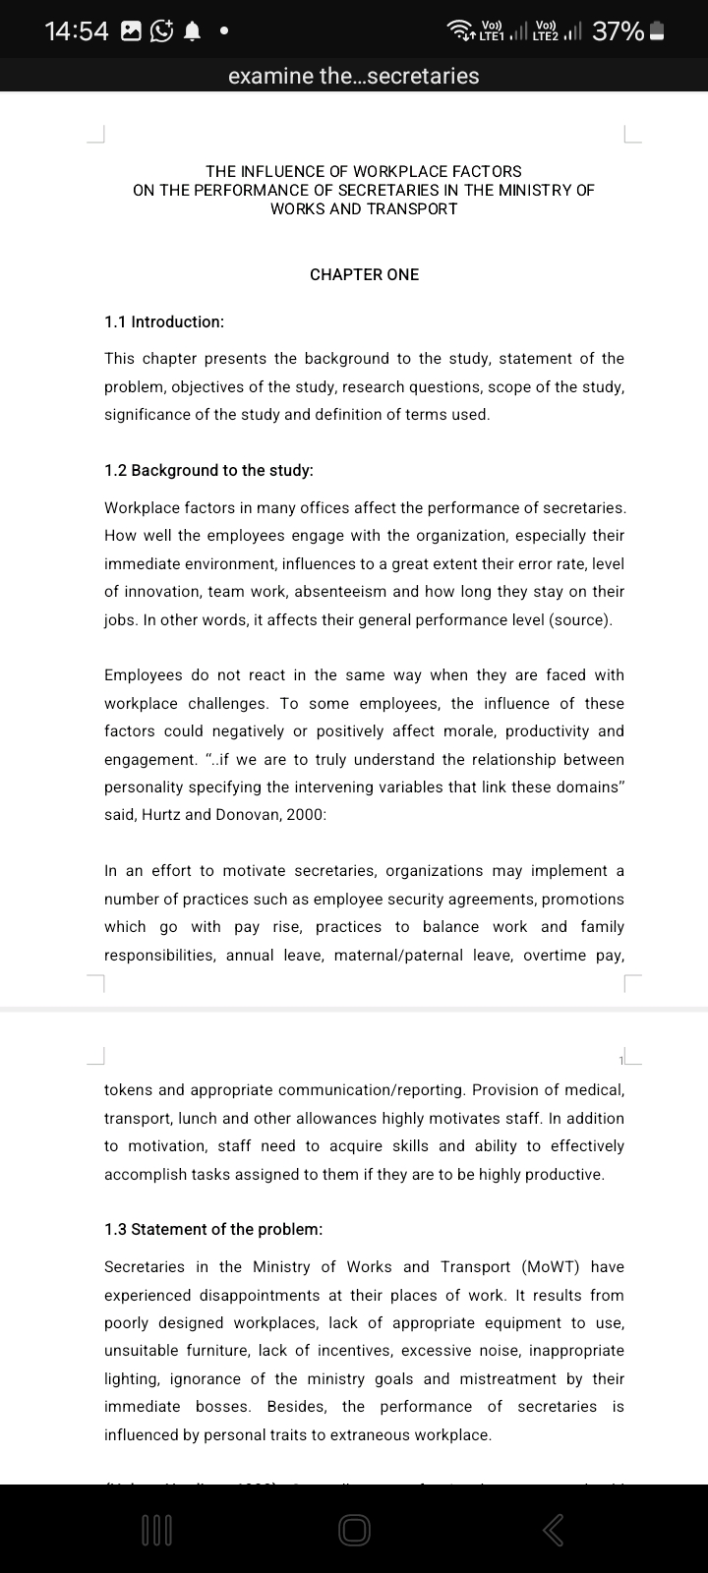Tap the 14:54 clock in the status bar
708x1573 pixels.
pos(77,31)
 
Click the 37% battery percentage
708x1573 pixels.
pos(618,31)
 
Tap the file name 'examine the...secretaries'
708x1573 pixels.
pos(354,76)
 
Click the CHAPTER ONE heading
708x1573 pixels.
pos(364,274)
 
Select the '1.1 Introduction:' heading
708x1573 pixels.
pos(164,321)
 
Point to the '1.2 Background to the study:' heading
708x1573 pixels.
pos(208,470)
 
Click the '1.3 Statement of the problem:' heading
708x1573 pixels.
pos(213,1229)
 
